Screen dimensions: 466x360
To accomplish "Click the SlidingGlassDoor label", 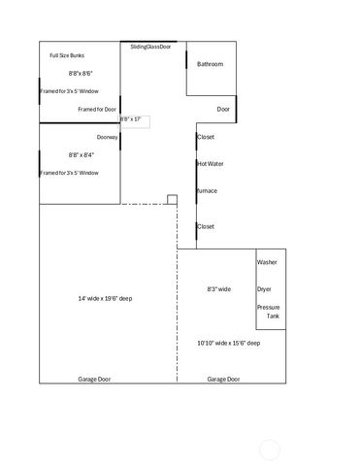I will [x=150, y=46].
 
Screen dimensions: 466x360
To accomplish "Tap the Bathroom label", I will [x=211, y=64].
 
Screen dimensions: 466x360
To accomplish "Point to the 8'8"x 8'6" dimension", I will [x=81, y=73].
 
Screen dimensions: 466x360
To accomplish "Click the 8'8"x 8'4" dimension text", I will [x=81, y=154].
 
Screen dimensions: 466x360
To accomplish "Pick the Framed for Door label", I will [x=97, y=109].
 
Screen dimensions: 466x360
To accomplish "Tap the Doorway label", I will [x=107, y=137].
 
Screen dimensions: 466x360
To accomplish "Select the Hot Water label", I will [x=210, y=164].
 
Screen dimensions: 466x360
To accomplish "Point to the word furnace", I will [x=207, y=190].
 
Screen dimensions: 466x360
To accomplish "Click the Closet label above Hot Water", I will [x=206, y=137].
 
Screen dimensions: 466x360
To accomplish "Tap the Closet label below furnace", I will [x=206, y=226].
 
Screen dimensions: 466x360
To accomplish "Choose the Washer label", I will [x=267, y=263].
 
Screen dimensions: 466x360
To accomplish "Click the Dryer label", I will [x=264, y=289].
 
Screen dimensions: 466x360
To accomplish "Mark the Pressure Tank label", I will [x=268, y=312].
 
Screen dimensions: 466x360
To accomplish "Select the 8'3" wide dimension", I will [x=218, y=289].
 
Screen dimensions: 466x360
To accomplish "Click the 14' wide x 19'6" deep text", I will [x=105, y=298].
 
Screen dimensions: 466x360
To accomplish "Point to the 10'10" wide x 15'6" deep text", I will [x=228, y=343].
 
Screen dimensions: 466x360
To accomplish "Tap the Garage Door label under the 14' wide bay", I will [x=94, y=379].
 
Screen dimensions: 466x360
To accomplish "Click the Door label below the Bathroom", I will [x=223, y=109].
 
